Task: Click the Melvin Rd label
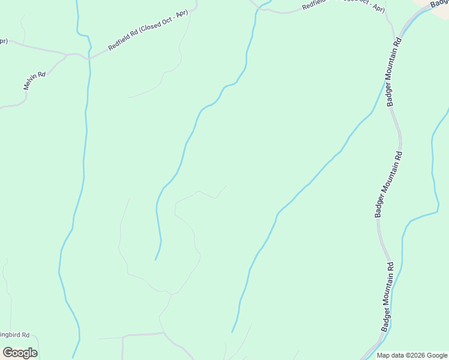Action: (34, 81)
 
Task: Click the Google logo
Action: (20, 353)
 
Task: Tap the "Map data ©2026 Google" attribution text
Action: (412, 355)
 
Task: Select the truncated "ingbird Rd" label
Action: (19, 335)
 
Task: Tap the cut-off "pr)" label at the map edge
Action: (4, 41)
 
